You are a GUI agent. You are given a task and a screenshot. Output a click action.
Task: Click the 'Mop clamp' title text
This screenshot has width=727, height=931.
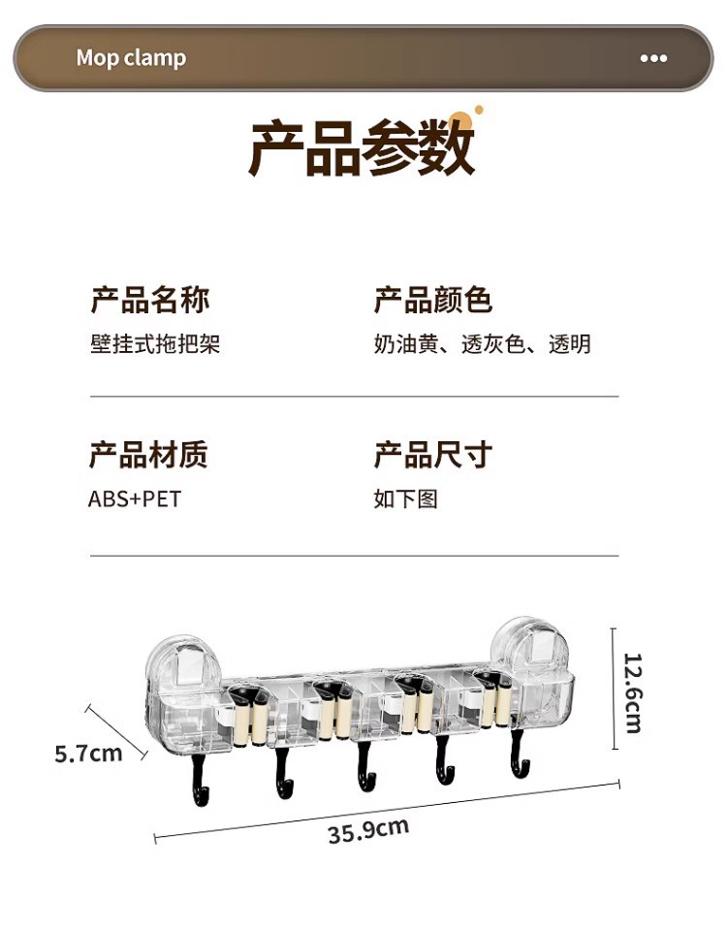(131, 58)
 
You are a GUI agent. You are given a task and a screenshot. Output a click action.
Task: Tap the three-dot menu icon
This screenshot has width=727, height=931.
(653, 58)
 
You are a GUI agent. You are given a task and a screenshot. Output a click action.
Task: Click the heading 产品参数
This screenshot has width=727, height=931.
(362, 148)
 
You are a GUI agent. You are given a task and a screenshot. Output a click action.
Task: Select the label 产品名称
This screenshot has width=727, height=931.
(150, 300)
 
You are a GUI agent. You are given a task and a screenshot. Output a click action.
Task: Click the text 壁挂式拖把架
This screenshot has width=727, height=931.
(155, 344)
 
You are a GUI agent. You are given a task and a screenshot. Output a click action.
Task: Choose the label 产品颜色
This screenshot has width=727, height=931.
(433, 300)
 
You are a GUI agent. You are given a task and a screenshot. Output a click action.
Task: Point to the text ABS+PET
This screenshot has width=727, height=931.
(135, 499)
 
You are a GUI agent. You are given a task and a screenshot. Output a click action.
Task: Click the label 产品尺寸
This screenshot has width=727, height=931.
(433, 454)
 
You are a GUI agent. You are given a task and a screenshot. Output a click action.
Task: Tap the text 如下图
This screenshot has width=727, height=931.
(406, 499)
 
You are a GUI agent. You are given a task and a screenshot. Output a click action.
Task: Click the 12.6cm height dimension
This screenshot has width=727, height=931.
(633, 692)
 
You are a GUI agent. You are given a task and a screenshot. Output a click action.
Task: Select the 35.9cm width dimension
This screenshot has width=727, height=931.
(367, 830)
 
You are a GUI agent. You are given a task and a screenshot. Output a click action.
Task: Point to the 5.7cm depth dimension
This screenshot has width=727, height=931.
(88, 753)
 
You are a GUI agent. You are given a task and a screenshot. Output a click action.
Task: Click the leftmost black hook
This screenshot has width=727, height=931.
(201, 782)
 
